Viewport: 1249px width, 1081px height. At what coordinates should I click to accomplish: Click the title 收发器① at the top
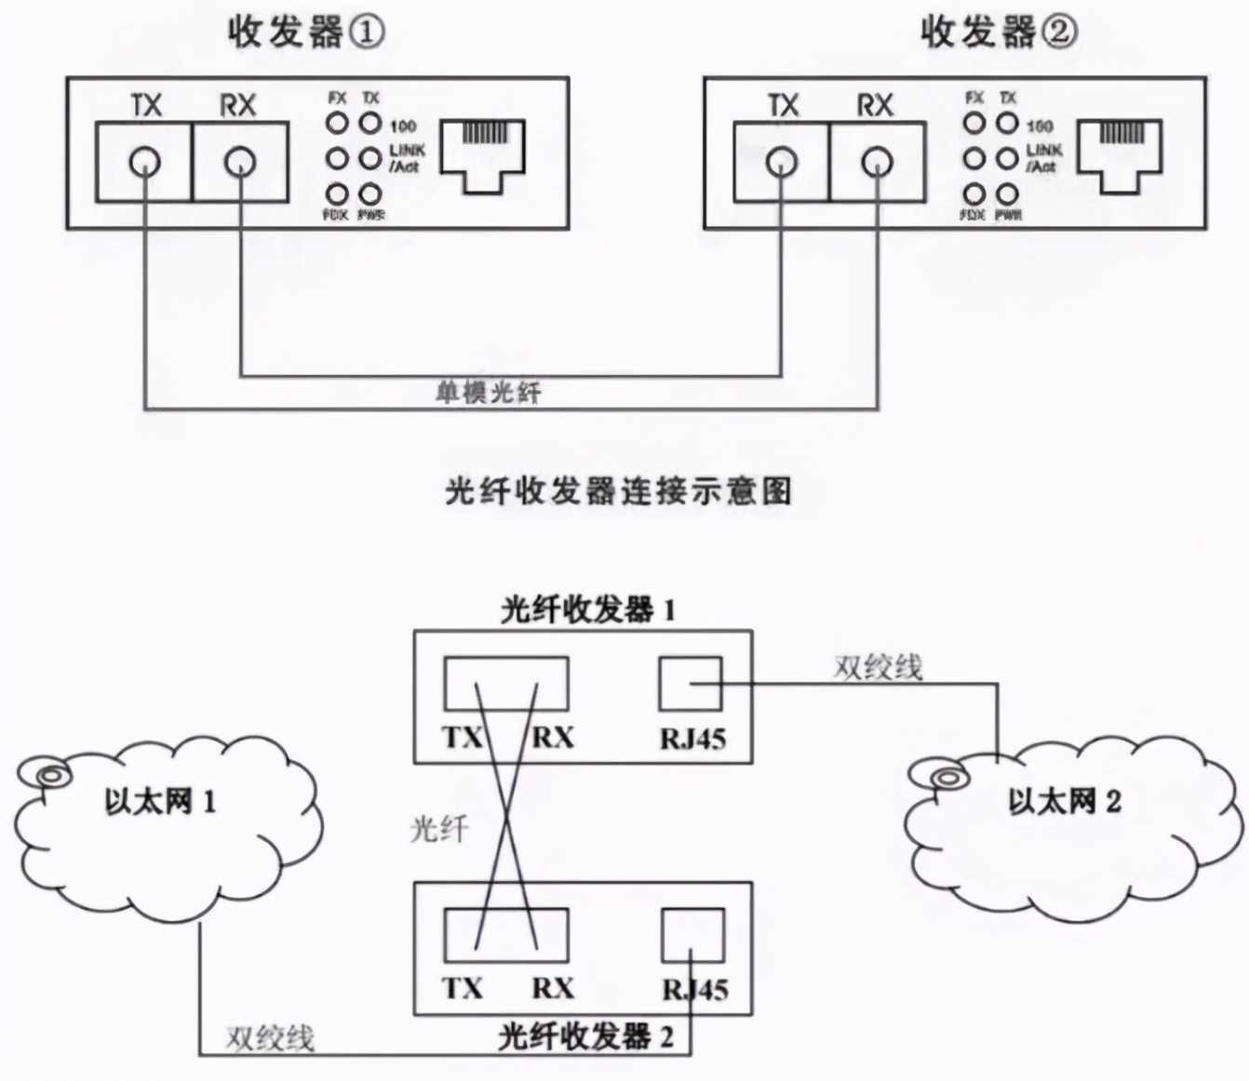pyautogui.click(x=305, y=33)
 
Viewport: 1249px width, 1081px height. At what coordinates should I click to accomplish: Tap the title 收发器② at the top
pyautogui.click(x=999, y=33)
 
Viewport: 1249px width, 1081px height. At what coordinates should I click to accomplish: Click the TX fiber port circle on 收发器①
pyautogui.click(x=144, y=163)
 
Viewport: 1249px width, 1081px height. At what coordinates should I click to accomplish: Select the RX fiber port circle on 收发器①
pyautogui.click(x=239, y=163)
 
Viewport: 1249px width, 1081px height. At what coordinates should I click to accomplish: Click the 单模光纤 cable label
pyautogui.click(x=488, y=392)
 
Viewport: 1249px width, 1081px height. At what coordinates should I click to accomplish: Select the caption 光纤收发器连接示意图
pyautogui.click(x=618, y=490)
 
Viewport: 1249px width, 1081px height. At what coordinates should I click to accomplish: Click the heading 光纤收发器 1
pyautogui.click(x=588, y=610)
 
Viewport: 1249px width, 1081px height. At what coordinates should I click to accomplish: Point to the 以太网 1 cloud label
pyautogui.click(x=160, y=801)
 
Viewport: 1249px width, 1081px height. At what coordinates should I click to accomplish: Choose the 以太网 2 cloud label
pyautogui.click(x=1065, y=801)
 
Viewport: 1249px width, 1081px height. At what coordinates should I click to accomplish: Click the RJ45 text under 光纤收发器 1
pyautogui.click(x=692, y=740)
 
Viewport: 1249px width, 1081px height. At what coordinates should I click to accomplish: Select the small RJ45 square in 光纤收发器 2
pyautogui.click(x=692, y=936)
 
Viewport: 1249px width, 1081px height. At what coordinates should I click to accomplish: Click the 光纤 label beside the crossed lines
pyautogui.click(x=439, y=828)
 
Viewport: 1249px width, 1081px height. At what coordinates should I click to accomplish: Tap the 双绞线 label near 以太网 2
pyautogui.click(x=878, y=667)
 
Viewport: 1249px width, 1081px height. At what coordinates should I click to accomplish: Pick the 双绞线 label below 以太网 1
pyautogui.click(x=270, y=1037)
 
